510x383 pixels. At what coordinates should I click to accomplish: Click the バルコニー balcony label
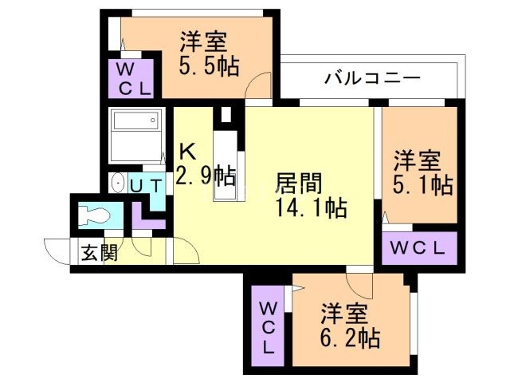coord(372,79)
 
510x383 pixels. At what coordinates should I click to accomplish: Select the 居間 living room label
coord(299,184)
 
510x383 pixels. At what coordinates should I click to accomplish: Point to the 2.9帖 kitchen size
coord(205,176)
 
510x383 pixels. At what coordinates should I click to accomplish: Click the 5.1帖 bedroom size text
coord(422,185)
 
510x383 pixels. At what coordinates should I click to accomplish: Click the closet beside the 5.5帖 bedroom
coord(129,78)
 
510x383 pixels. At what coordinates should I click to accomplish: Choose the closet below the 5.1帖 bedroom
coord(419,248)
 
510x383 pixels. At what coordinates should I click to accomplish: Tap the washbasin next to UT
coord(118,184)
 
